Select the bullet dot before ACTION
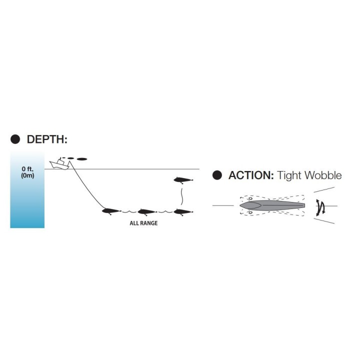click(x=217, y=175)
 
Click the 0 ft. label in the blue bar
click(x=27, y=169)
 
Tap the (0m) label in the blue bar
click(x=27, y=176)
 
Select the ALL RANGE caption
click(x=143, y=223)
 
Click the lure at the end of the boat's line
click(x=111, y=211)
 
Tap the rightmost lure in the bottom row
click(x=183, y=211)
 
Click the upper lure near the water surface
click(x=183, y=179)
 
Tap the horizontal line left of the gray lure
click(x=223, y=205)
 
